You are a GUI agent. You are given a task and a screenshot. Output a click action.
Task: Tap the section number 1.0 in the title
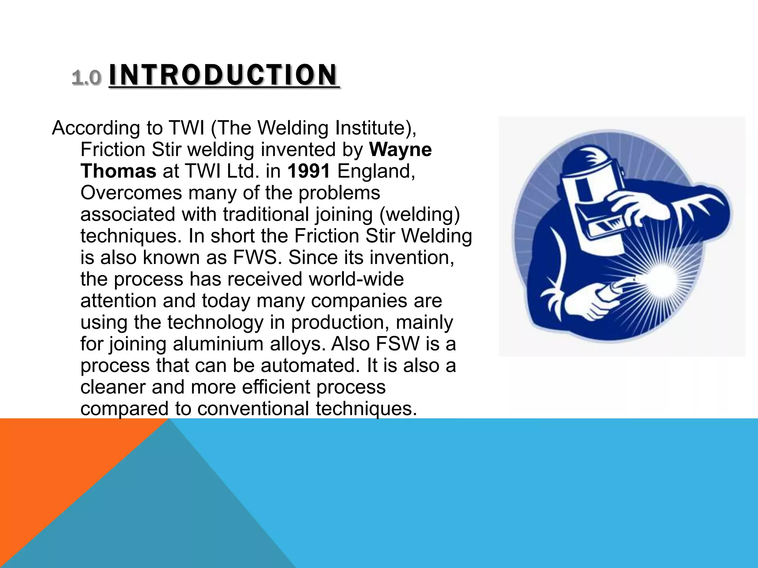(86, 78)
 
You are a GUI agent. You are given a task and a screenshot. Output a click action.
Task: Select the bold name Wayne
(400, 150)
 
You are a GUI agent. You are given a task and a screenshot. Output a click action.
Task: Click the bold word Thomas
(118, 171)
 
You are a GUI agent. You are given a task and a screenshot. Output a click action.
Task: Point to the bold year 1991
(309, 171)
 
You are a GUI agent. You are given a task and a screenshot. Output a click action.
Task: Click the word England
(376, 171)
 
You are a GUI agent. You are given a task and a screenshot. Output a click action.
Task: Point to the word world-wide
(356, 279)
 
